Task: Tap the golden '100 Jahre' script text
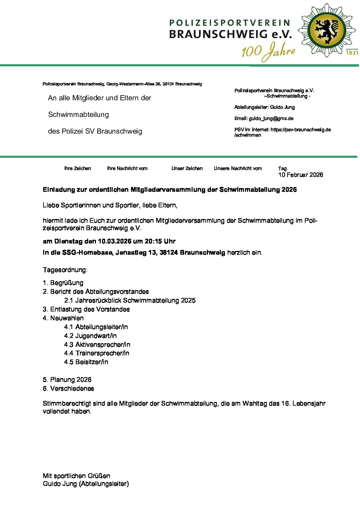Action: click(268, 52)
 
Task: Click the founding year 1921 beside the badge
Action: click(352, 53)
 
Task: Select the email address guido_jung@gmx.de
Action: click(271, 119)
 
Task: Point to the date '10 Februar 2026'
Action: click(300, 175)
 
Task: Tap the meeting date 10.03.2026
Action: click(115, 241)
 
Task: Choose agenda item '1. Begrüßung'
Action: click(63, 283)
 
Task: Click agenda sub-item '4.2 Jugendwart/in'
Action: click(90, 336)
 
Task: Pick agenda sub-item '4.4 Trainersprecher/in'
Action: click(97, 353)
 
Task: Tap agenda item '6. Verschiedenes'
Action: click(68, 389)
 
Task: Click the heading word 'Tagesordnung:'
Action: click(65, 270)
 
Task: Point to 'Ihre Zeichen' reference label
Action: click(78, 168)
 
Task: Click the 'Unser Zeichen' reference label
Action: click(187, 168)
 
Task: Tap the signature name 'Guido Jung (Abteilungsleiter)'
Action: click(86, 484)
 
